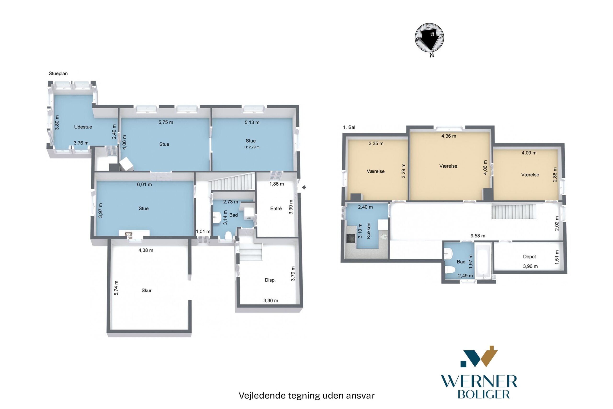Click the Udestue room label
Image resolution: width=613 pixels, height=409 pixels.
[83, 127]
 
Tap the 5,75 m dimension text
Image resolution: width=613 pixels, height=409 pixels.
[166, 122]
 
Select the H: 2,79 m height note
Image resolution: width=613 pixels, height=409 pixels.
[252, 147]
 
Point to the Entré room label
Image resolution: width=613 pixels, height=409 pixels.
[276, 208]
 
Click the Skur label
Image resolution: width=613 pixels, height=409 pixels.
[146, 290]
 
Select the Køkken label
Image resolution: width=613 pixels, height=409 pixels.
[369, 231]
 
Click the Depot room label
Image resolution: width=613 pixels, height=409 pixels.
[529, 257]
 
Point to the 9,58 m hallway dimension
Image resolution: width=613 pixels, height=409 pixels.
[477, 236]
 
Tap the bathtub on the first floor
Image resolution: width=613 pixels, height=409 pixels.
[483, 260]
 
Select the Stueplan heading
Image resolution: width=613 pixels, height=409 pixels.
[58, 74]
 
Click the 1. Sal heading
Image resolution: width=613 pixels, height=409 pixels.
[349, 127]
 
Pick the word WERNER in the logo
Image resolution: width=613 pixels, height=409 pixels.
[479, 382]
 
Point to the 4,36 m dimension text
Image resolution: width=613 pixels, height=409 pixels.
[448, 136]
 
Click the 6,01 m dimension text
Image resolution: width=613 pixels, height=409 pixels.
[144, 184]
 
